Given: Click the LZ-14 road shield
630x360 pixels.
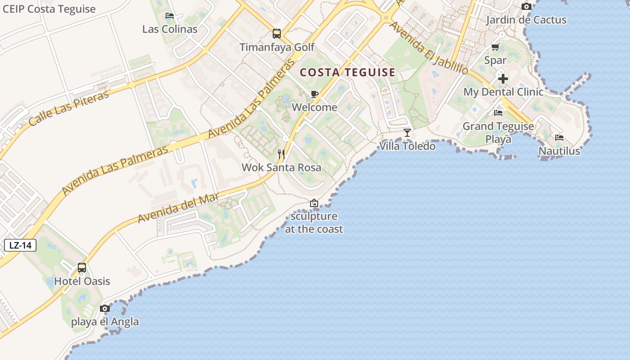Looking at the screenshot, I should point(20,245).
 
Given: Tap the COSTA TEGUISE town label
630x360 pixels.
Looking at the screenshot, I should point(347,72).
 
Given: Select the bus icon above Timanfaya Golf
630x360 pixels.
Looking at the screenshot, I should point(277,34).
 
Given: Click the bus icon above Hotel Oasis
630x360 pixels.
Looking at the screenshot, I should point(82,268).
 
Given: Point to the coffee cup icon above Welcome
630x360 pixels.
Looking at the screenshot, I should point(315,94).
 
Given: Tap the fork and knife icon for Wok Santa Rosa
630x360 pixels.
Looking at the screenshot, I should point(281,154).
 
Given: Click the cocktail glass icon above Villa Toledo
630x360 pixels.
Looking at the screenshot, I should point(407,132).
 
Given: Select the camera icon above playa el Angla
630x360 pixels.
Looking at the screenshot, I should point(105,308).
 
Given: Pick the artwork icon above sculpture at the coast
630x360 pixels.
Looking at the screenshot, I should point(314,203).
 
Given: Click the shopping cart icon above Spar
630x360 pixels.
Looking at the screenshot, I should point(495,47).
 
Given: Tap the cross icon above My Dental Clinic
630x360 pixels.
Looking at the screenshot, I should point(503,79).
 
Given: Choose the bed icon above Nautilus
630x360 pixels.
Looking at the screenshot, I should point(559,137).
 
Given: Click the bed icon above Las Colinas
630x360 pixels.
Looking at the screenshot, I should point(170,16).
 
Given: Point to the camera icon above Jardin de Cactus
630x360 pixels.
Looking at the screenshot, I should point(526,6).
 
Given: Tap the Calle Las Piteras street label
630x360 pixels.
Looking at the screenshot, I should point(68,108).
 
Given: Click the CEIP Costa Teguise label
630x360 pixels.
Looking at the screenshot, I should point(49,9).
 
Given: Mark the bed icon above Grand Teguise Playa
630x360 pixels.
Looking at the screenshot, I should point(498,112).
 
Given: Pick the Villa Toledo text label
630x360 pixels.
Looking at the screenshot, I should point(408,146).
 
